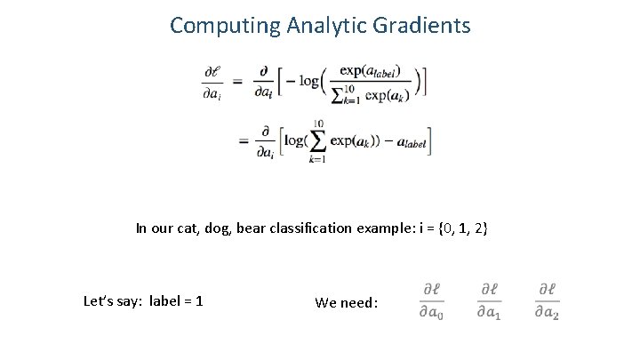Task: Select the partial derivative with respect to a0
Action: coord(432,300)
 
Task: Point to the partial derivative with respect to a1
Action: coord(488,300)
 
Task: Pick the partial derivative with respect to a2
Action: coord(548,300)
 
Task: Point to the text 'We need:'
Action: coord(347,302)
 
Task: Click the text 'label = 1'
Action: coord(176,301)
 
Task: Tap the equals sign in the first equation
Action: coord(238,82)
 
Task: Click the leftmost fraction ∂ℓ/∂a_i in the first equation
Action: coord(212,82)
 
